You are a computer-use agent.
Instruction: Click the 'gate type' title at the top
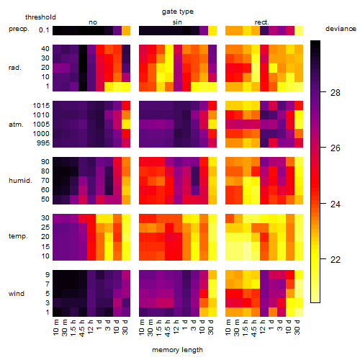tap(178, 12)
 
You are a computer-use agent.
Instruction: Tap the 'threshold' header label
tap(40, 17)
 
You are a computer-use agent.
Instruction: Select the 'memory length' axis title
tap(177, 350)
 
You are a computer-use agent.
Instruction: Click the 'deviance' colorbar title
tap(341, 29)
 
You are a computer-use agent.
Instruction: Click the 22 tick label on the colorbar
tap(336, 259)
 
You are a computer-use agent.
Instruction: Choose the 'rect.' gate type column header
tap(261, 22)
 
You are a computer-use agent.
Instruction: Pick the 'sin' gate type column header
tap(177, 22)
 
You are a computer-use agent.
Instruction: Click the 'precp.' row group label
tap(19, 29)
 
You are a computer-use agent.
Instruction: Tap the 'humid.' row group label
tap(20, 181)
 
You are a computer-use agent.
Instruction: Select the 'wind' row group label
tap(17, 294)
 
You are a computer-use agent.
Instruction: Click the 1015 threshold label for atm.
tap(41, 106)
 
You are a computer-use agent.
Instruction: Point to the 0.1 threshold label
tap(44, 30)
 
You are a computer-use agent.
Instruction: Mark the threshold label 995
tap(43, 143)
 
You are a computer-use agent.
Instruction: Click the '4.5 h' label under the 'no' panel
tap(81, 328)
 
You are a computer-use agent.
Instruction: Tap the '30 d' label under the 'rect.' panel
tap(297, 327)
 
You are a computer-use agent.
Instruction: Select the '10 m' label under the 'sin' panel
tap(143, 328)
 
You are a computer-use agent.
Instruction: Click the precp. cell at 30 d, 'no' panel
tap(126, 30)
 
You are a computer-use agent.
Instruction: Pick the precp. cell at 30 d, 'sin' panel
tap(212, 30)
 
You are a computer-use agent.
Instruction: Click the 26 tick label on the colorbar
tap(336, 148)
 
